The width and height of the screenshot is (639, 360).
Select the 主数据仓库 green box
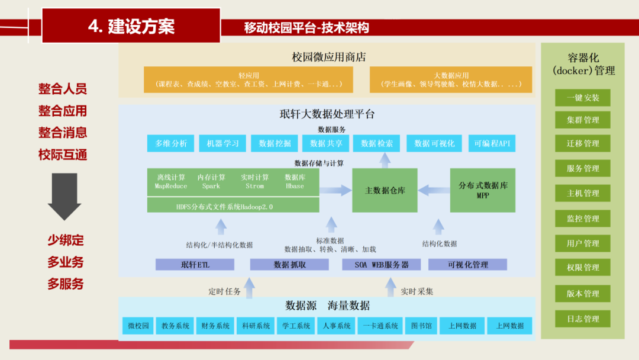[385, 191]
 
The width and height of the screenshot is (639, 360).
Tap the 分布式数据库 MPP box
[483, 190]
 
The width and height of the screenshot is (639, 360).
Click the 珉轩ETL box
[195, 265]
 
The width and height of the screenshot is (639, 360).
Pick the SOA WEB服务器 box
[382, 265]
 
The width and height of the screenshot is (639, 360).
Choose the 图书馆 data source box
[421, 326]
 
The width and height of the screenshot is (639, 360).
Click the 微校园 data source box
[138, 326]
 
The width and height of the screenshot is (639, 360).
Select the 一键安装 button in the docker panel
[583, 98]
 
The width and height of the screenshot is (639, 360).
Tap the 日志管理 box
[583, 319]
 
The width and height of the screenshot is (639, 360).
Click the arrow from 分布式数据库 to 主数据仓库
[434, 191]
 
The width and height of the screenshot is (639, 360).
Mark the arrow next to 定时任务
[250, 287]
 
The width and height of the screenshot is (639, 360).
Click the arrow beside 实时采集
[390, 287]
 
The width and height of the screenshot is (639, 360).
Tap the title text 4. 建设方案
[131, 26]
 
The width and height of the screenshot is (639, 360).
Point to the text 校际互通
[63, 155]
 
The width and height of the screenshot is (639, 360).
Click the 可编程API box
[492, 143]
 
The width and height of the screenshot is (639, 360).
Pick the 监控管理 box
[583, 218]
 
